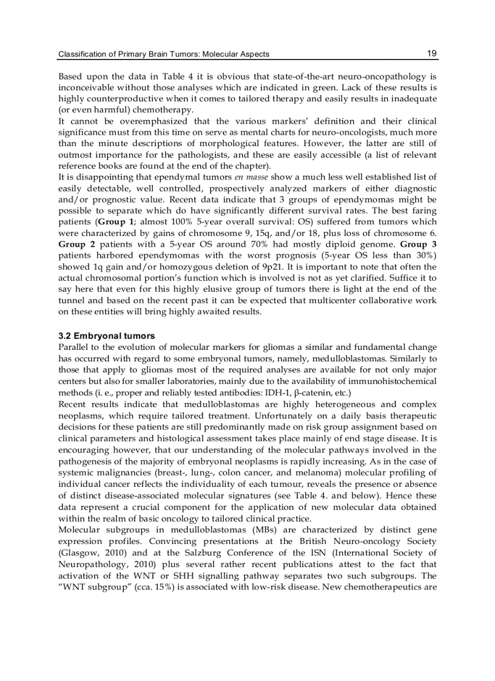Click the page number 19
pos(432,53)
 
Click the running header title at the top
pos(164,55)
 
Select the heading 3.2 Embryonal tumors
pos(106,335)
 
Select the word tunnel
pos(71,301)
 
